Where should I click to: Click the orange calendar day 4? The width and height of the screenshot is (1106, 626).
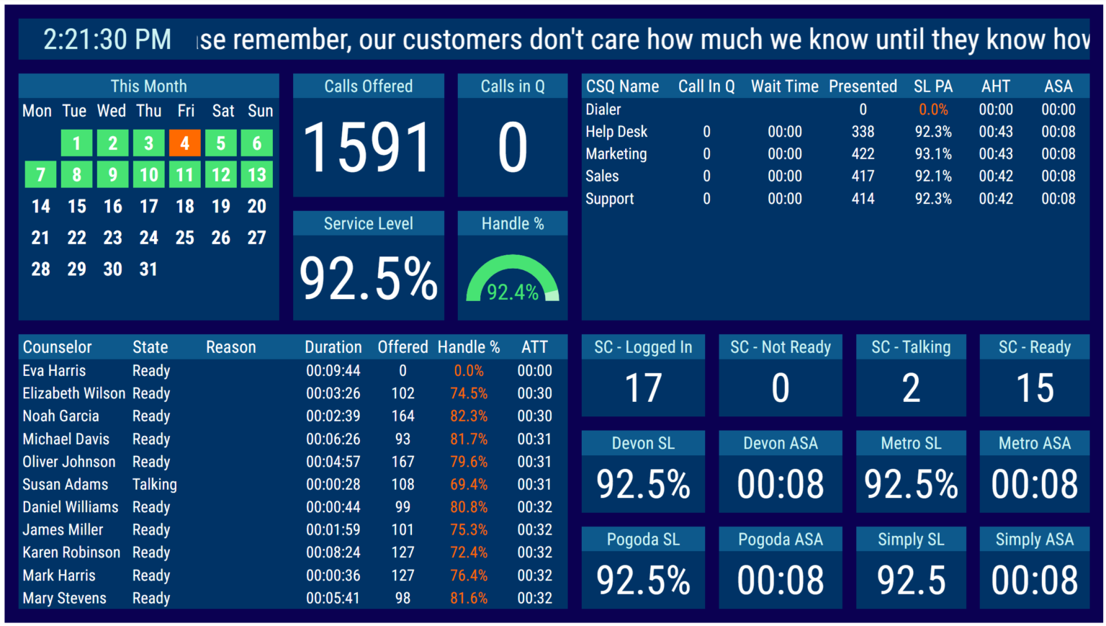point(184,143)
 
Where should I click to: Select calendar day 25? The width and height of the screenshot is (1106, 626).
point(184,238)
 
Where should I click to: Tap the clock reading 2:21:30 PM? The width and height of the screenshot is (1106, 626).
point(107,40)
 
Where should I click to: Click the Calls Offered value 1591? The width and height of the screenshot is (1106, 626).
point(368,148)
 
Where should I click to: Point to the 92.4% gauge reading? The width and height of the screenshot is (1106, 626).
point(512,292)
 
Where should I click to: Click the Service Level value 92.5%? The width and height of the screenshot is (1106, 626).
point(368,280)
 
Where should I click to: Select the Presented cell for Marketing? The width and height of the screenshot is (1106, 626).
point(862,154)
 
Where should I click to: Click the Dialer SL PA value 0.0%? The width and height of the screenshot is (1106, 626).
point(932,109)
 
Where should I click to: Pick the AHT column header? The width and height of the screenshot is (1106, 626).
point(995,86)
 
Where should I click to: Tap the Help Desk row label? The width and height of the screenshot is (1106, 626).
point(616,132)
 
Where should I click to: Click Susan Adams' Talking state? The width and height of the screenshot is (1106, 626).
point(154,485)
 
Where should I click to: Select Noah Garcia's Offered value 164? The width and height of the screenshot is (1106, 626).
point(403,416)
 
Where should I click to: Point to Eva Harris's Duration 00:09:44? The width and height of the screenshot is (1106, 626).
point(333,371)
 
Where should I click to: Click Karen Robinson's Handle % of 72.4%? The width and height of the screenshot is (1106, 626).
point(469,553)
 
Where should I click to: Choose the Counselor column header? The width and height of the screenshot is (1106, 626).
point(57,347)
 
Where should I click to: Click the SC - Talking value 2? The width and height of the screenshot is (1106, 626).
point(911,389)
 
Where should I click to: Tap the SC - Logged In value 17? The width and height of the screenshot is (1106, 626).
point(643,389)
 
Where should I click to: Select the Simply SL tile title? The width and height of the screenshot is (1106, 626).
point(911,540)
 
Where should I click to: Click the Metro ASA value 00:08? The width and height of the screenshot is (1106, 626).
point(1034,484)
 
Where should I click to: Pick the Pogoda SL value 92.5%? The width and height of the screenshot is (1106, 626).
point(643,581)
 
